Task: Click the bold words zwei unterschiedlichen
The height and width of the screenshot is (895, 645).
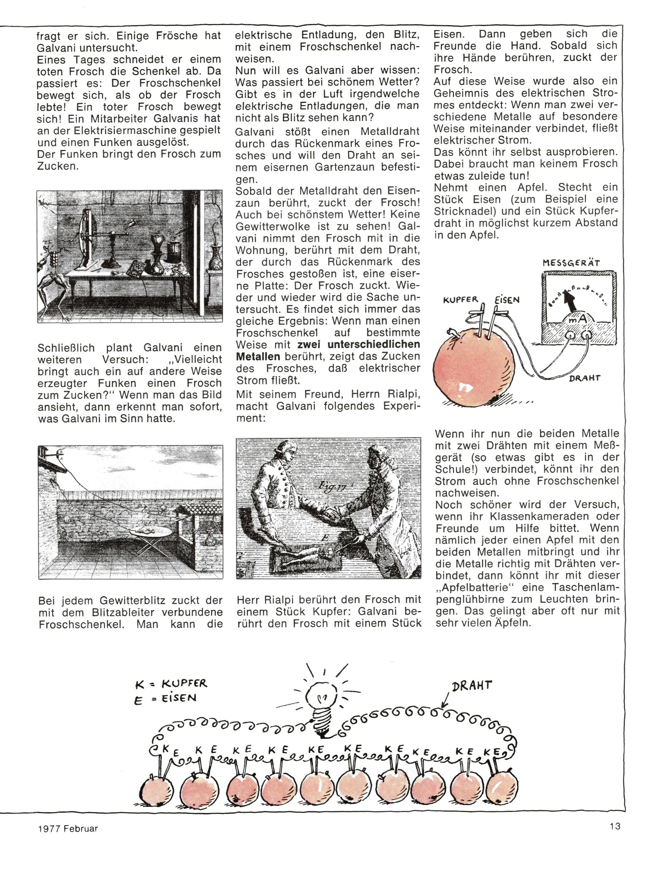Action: [358, 344]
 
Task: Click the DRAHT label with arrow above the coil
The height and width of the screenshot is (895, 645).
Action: [472, 685]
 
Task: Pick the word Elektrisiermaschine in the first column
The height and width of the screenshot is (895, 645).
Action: [113, 130]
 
